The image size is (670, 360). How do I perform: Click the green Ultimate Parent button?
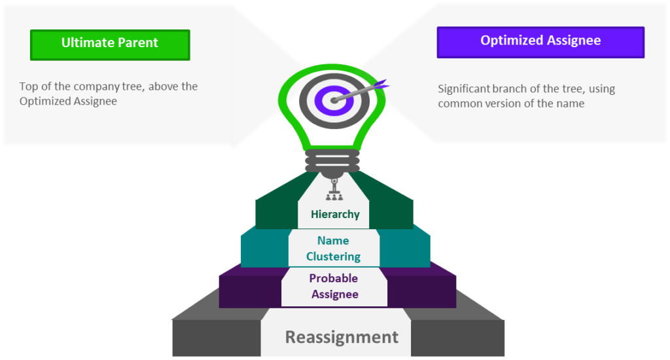tap(110, 45)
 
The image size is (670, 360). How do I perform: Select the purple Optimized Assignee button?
tap(540, 43)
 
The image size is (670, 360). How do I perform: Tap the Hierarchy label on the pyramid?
tap(335, 214)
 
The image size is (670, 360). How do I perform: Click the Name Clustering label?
tap(333, 249)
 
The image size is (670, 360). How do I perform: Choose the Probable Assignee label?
tap(334, 286)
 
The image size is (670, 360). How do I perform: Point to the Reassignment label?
tap(342, 337)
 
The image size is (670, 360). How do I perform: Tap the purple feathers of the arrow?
tap(380, 84)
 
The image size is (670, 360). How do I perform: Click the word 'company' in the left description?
tap(99, 87)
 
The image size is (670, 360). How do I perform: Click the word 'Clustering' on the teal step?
tap(333, 257)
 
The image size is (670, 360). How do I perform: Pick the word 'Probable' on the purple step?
tap(334, 278)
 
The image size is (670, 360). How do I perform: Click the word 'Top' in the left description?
tap(29, 87)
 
